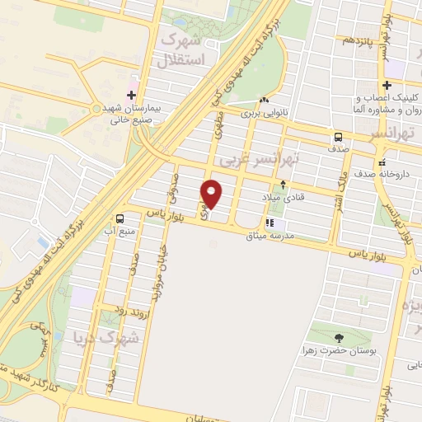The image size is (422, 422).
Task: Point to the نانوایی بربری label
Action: (266, 113)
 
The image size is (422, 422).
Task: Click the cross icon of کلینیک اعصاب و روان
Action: (386, 85)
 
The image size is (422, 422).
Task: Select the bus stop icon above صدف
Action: (339, 137)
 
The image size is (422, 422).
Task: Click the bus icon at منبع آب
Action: (120, 219)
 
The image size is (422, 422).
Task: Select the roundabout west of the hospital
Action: (96, 108)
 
